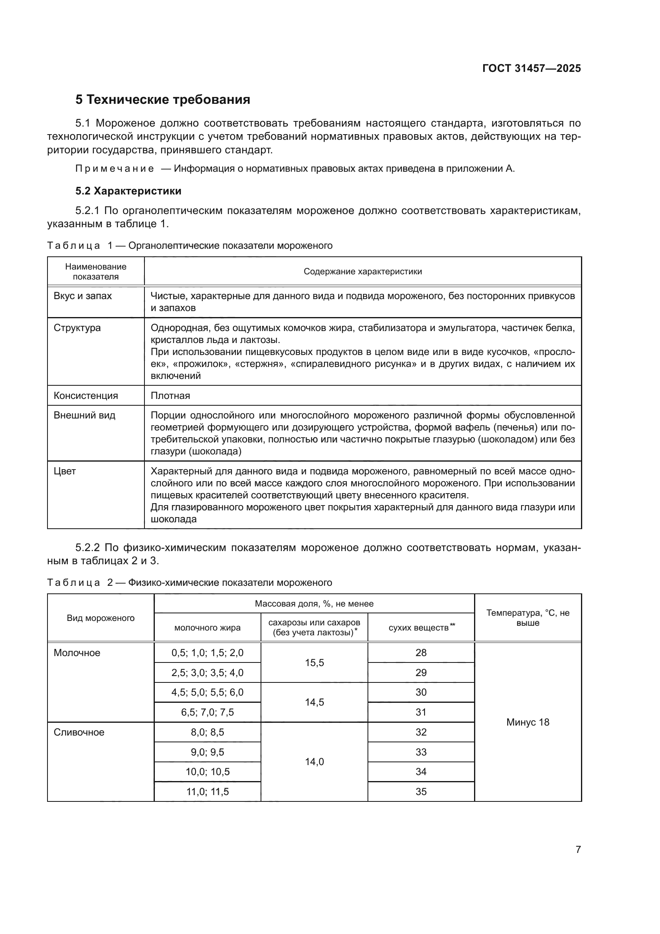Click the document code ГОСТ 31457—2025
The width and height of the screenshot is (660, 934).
[531, 68]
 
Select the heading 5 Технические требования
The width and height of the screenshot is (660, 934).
[162, 100]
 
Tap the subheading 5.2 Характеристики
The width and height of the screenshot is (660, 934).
[128, 191]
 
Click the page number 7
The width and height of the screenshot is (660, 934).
[578, 849]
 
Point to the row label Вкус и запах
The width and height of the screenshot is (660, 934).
[83, 296]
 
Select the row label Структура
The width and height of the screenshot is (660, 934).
[77, 328]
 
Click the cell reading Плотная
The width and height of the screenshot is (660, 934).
[170, 395]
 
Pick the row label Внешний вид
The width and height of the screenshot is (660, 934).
[85, 415]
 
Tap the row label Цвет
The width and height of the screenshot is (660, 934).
[65, 471]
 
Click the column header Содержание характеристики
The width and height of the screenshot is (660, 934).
[362, 271]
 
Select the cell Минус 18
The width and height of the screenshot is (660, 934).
[528, 722]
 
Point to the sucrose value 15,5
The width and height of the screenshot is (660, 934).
[314, 663]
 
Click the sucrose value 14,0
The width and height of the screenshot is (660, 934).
[314, 761]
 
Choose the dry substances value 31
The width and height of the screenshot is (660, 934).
[421, 712]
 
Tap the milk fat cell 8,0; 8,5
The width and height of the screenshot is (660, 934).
[207, 732]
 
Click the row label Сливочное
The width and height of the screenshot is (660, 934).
[79, 732]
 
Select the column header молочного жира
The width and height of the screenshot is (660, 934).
[207, 628]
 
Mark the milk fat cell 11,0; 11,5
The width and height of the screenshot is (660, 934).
[207, 791]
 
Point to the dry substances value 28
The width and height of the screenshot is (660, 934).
[421, 652]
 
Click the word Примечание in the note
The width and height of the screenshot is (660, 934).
[115, 169]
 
